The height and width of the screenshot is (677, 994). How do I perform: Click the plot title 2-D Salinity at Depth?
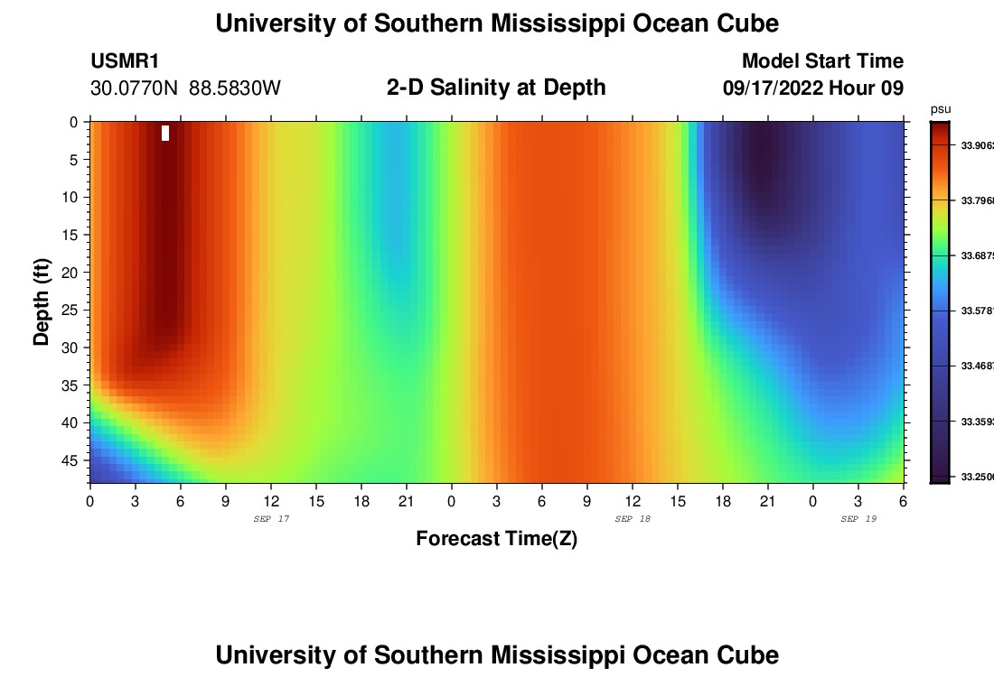496,88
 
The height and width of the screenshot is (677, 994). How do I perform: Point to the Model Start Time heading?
822,61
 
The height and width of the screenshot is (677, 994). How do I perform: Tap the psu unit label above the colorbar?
940,109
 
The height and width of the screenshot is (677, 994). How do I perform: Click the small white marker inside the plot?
165,133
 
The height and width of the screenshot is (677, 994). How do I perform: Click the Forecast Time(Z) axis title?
496,539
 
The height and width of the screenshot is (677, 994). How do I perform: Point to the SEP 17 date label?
271,519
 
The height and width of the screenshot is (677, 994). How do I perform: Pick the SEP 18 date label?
633,519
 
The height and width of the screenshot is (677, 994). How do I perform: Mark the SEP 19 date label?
858,519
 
